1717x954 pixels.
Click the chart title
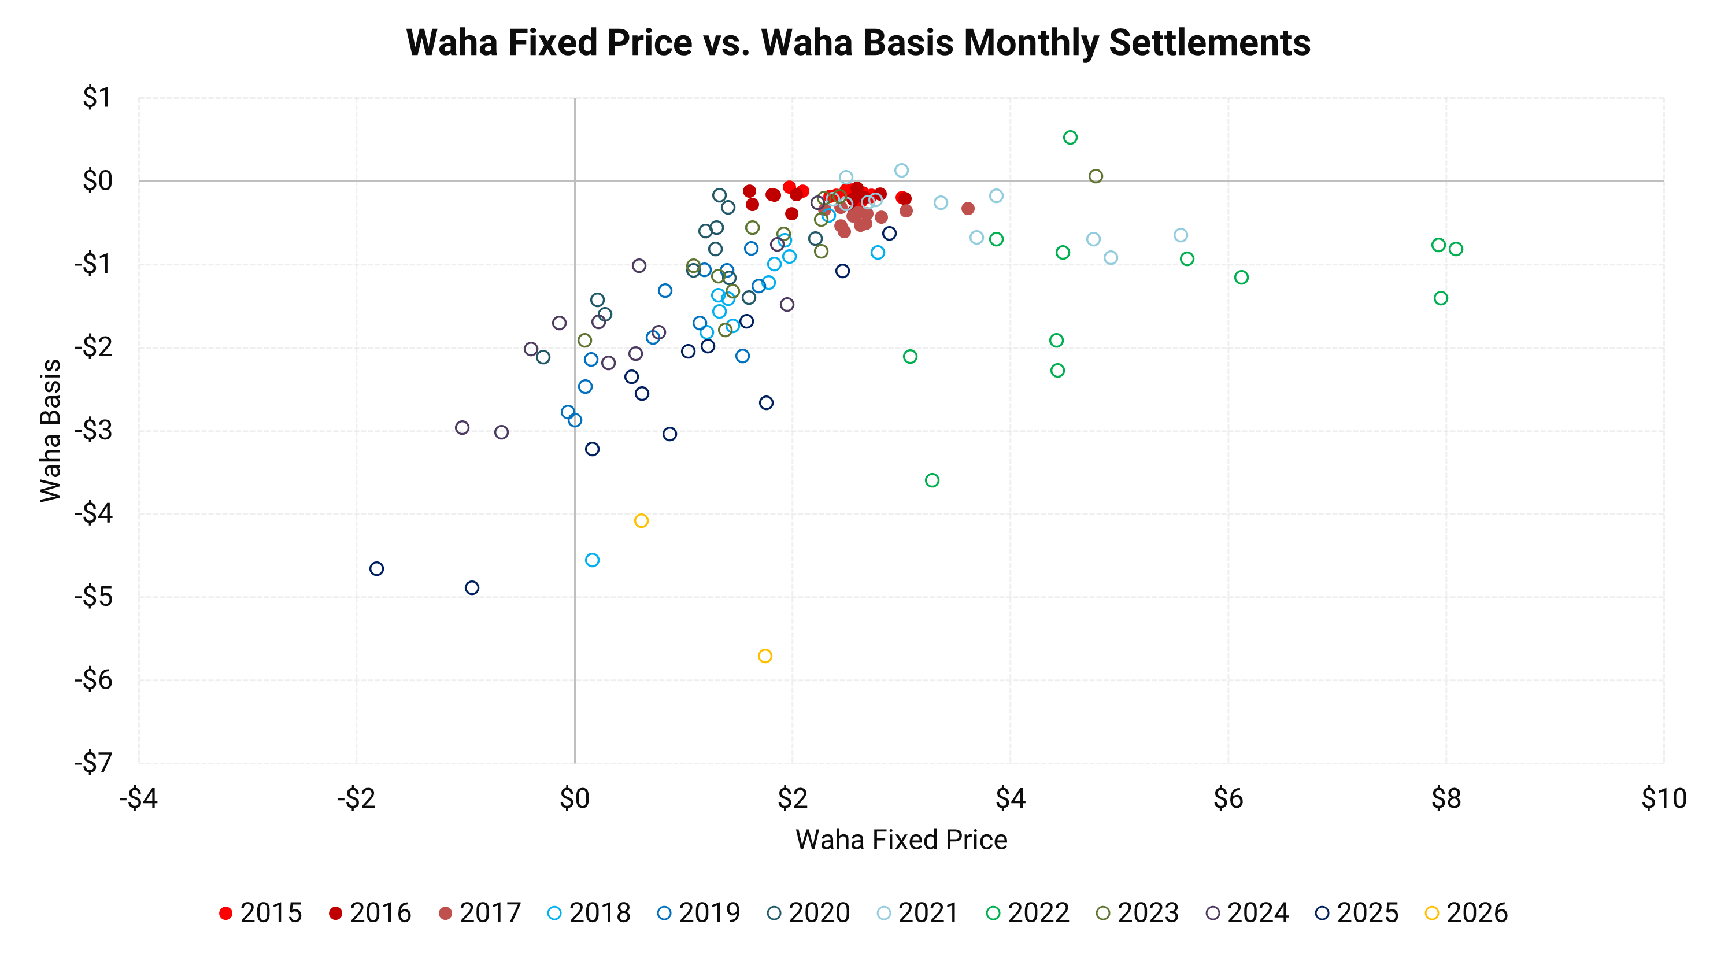(x=858, y=43)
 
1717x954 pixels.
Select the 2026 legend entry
(x=1466, y=913)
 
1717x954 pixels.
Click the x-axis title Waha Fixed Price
(x=901, y=840)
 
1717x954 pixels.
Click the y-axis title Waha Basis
(x=51, y=431)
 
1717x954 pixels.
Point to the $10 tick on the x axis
(x=1664, y=798)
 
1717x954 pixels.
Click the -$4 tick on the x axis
(x=139, y=798)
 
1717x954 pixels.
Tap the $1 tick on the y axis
(x=97, y=98)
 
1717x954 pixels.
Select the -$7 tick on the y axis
(x=93, y=763)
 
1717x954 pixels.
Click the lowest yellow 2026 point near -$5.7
(x=765, y=656)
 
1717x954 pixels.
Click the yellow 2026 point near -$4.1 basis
(x=641, y=521)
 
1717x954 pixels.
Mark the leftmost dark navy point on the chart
(x=376, y=569)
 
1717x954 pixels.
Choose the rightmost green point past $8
(x=1456, y=249)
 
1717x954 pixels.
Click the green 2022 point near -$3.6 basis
(x=932, y=480)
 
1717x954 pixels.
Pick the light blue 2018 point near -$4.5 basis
(x=592, y=560)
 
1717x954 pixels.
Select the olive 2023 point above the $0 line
(x=1096, y=176)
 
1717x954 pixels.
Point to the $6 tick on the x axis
(x=1228, y=798)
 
